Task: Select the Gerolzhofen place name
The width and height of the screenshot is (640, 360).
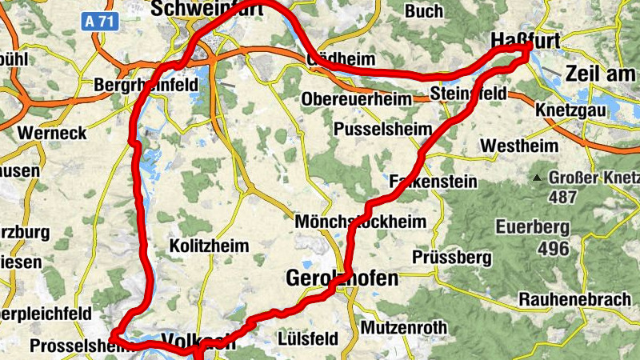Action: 342,279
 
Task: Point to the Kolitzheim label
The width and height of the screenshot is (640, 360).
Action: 210,246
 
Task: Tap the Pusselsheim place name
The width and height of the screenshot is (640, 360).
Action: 383,129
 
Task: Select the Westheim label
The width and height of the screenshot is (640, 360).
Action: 518,146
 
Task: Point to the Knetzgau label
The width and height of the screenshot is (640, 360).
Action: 573,109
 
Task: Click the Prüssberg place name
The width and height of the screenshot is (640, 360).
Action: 451,258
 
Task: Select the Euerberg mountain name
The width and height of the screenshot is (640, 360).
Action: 532,226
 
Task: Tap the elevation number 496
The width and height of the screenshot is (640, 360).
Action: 553,248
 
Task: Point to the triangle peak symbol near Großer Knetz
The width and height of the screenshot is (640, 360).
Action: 539,176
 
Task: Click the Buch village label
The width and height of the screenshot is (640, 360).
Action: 423,11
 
